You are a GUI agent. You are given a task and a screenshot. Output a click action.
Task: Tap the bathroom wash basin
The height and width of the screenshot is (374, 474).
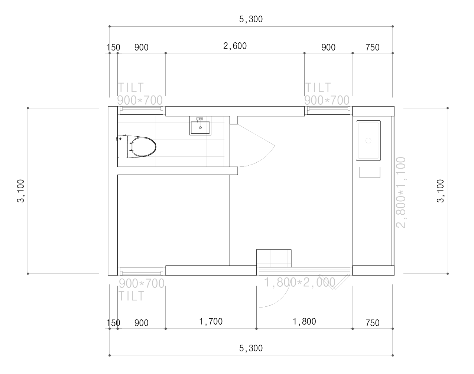click(200, 126)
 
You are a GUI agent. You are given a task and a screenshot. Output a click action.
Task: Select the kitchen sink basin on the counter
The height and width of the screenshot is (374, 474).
click(368, 140)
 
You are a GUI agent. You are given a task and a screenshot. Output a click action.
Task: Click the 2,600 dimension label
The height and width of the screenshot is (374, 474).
click(235, 46)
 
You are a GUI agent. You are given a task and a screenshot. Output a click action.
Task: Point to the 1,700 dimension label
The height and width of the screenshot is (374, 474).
click(211, 322)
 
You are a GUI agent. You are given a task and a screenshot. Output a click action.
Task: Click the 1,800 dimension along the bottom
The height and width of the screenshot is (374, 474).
click(304, 322)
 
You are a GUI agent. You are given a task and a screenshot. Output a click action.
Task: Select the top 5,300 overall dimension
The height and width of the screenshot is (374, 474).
click(251, 19)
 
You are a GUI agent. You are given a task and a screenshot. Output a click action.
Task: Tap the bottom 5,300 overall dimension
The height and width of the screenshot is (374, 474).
click(251, 348)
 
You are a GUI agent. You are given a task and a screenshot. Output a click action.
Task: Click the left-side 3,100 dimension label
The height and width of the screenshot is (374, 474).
click(21, 191)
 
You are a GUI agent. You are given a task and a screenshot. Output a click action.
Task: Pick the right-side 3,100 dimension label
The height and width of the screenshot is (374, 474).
click(440, 191)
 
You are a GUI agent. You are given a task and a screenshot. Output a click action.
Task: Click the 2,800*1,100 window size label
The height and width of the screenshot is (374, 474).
click(401, 192)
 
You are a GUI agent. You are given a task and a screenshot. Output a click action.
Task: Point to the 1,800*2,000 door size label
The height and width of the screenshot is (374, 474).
click(299, 282)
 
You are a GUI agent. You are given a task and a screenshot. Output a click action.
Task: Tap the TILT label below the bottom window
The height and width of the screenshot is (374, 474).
click(131, 296)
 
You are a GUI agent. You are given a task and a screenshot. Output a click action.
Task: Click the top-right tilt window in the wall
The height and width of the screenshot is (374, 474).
click(328, 111)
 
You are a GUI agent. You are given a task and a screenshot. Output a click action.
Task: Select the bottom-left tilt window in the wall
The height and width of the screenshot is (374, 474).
click(142, 271)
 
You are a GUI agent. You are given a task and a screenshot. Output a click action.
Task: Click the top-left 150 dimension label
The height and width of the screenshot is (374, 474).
click(113, 48)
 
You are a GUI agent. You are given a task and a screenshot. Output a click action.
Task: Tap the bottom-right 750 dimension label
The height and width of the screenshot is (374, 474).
click(373, 323)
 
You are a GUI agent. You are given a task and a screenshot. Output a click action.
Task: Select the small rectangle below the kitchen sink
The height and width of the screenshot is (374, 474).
click(370, 172)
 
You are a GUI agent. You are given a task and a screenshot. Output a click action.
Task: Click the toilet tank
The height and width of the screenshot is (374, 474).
click(123, 146)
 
